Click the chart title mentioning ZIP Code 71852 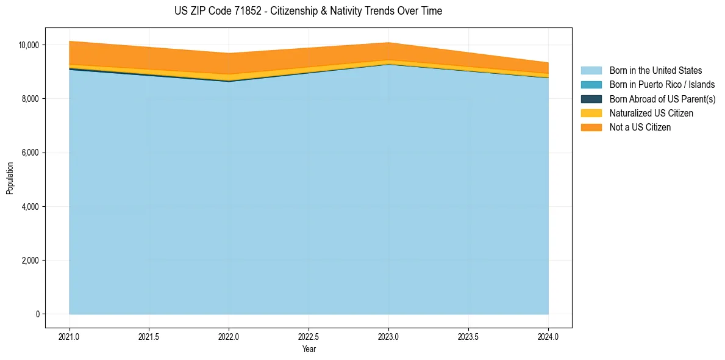tap(308, 11)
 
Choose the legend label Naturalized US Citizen tap(651, 113)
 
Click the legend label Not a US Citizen tap(640, 128)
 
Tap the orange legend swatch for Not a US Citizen tap(591, 128)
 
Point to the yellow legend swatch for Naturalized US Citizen tap(591, 113)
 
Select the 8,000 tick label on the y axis tap(29, 99)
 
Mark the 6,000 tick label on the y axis tap(29, 153)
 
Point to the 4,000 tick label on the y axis tap(29, 207)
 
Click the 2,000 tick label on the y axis tap(29, 261)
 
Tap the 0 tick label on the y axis tap(37, 314)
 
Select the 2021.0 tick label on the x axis tap(70, 336)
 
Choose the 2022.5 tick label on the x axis tap(309, 336)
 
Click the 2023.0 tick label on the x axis tap(388, 336)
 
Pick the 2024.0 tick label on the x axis tap(548, 336)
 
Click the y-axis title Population tap(10, 178)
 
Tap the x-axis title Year tap(309, 349)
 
